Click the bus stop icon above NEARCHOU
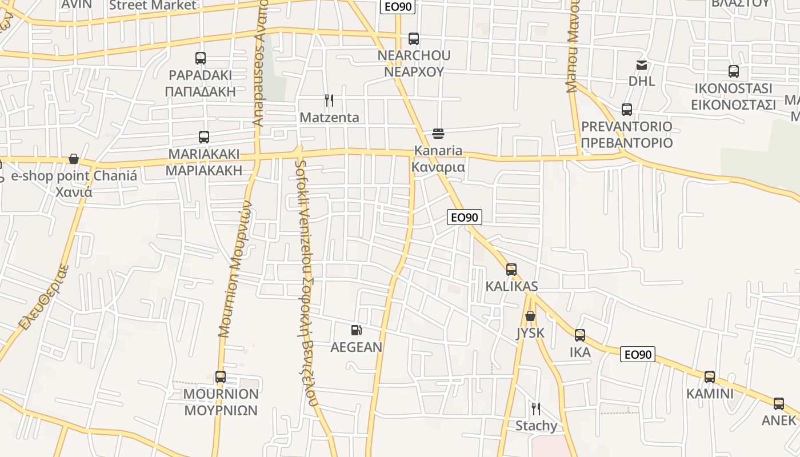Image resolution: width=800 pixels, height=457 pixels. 414,39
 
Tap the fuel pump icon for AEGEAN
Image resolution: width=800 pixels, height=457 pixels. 357,330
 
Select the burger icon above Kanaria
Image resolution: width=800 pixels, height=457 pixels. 438,134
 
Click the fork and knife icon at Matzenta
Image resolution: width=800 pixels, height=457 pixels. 329,101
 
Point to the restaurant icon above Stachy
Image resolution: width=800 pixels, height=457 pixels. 536,408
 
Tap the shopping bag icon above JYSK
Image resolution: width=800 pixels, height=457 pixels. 530,315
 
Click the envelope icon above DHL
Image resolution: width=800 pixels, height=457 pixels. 642,65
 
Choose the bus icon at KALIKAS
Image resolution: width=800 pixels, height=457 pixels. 511,269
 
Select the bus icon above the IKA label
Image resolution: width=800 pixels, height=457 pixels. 580,335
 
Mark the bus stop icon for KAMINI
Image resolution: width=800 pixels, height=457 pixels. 710,376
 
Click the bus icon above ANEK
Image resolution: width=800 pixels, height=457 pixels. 779,404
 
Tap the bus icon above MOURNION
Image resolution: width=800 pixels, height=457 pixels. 221,376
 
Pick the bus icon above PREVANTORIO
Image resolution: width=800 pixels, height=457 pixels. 627,109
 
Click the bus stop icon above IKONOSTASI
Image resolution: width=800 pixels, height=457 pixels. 734,71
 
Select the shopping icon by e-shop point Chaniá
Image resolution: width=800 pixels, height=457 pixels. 74,158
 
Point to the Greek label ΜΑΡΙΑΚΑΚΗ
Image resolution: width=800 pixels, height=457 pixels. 203,171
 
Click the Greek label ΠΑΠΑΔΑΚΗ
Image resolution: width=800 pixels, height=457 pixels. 200,91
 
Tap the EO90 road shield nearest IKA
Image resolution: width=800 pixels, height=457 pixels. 638,354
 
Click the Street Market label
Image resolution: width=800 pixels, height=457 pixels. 153,6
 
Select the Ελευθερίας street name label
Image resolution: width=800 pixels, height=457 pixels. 43,296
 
